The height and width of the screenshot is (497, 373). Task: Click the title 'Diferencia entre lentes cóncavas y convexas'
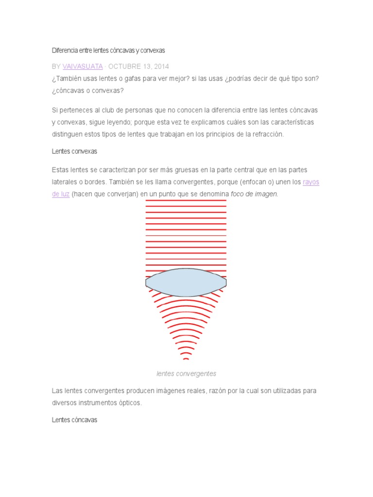108,50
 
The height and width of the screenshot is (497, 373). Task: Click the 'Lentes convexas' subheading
74,151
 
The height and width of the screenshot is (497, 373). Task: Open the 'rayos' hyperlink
311,182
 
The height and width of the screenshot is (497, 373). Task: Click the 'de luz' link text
61,194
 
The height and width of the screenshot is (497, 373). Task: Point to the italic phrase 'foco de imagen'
254,194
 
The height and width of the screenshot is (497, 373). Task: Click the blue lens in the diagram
186,282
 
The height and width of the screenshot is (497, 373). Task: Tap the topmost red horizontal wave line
186,200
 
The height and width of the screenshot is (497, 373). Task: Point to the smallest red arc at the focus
186,359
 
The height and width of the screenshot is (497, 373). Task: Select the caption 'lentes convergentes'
186,374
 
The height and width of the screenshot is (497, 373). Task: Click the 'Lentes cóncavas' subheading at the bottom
74,420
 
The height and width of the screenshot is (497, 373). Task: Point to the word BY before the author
56,66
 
